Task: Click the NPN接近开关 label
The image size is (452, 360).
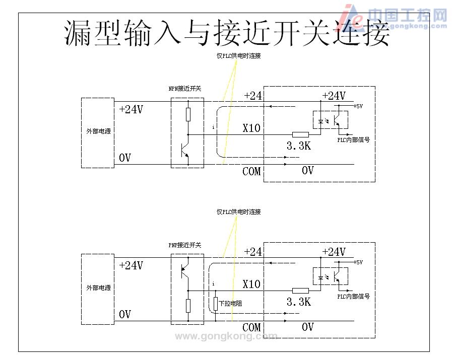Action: [184, 89]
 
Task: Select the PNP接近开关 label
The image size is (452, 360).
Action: [184, 245]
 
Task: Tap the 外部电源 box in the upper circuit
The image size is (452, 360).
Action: [98, 132]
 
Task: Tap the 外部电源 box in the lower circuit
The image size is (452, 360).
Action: [98, 288]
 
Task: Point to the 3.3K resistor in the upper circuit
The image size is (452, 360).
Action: [300, 134]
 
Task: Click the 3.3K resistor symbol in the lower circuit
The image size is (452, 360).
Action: [300, 291]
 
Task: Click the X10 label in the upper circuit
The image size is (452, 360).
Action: [251, 128]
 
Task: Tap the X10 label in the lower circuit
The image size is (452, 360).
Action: [251, 284]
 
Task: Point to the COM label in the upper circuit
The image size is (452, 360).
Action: [251, 171]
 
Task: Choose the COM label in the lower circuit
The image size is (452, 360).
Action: [251, 327]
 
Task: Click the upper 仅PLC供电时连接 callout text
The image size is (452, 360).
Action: [238, 56]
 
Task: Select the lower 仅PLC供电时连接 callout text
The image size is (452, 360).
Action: [238, 212]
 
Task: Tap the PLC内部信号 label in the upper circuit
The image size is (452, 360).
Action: [353, 140]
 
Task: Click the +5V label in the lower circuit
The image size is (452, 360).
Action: [358, 262]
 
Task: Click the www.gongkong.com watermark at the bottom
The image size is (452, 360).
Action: [225, 336]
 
